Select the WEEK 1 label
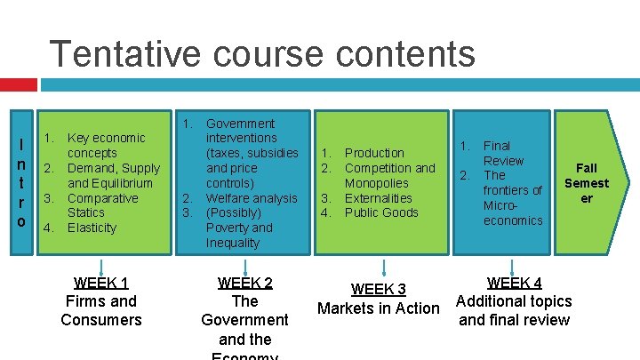[101, 284]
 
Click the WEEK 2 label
[244, 284]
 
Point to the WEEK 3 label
[378, 290]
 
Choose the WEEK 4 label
[515, 284]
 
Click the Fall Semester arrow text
[587, 183]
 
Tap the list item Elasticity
[92, 228]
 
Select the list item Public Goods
[381, 213]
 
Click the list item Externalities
[379, 198]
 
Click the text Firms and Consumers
[101, 310]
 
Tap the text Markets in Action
[378, 309]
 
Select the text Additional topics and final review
[515, 311]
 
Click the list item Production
[374, 153]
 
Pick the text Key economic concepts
[107, 145]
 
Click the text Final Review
[503, 153]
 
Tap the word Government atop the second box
[240, 124]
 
